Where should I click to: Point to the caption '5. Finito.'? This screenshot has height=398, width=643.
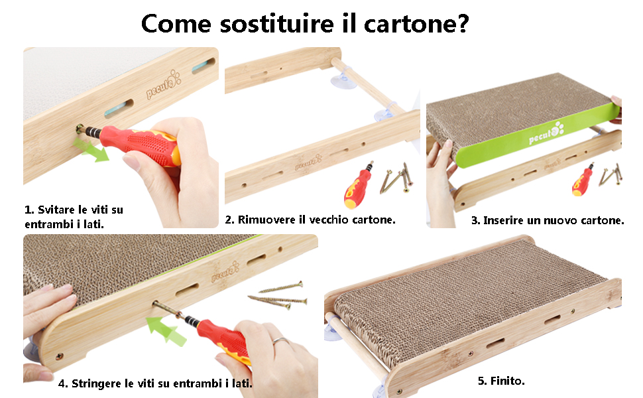(x=501, y=381)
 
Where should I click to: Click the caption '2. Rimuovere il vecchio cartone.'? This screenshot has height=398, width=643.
(x=310, y=219)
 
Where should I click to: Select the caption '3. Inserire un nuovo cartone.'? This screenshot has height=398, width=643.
(x=548, y=220)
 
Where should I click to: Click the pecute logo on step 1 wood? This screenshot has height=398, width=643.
(x=162, y=83)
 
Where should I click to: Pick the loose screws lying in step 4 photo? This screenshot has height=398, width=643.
(x=279, y=295)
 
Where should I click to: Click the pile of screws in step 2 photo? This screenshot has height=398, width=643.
(x=396, y=179)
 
